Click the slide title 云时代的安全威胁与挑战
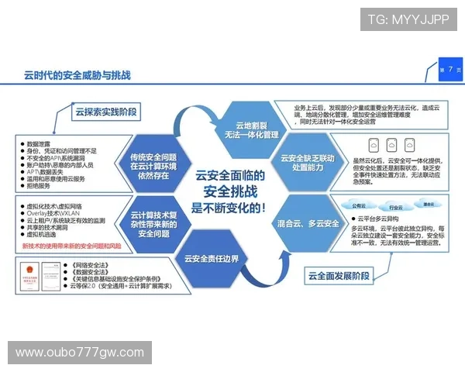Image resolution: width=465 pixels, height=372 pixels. click(77, 75)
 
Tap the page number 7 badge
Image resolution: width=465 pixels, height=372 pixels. click(449, 70)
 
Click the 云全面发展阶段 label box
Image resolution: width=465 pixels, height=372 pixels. click(339, 275)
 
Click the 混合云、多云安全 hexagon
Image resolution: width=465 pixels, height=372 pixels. click(308, 223)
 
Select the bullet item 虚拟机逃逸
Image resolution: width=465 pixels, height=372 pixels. click(46, 233)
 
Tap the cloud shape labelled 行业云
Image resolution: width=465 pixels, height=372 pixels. click(396, 207)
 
